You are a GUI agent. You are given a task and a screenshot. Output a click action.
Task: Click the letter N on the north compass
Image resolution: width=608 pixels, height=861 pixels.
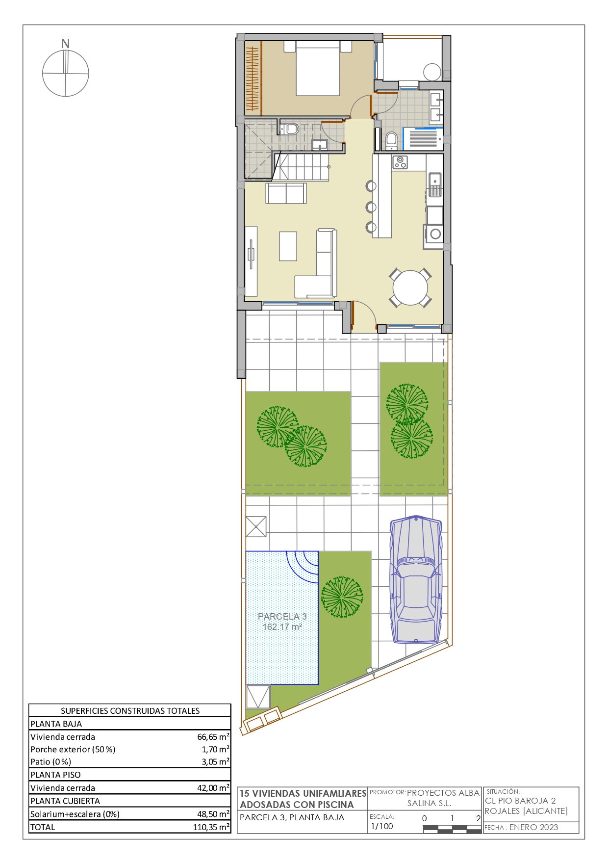coord(65,44)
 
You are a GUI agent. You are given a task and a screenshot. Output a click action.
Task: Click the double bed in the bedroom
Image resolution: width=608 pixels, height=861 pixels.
coord(318,68)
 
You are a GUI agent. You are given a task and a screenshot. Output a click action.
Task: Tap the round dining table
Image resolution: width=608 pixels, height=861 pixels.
coord(410,288)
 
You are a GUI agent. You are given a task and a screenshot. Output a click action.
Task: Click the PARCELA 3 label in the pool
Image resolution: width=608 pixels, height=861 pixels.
coord(282,617)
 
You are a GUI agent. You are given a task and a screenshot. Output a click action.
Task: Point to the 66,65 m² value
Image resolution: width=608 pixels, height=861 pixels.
coord(213,736)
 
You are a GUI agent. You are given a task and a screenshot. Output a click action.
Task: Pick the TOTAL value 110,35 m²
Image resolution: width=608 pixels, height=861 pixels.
coord(211,827)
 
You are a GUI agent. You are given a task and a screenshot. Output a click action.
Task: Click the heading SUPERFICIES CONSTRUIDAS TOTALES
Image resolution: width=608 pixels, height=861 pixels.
coord(130,711)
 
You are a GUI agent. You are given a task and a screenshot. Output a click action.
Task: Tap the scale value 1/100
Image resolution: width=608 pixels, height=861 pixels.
coord(382,826)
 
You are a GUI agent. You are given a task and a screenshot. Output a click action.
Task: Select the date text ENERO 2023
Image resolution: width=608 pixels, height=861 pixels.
coord(533,827)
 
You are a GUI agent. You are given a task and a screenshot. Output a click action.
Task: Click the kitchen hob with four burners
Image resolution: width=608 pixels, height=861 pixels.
coord(400,162)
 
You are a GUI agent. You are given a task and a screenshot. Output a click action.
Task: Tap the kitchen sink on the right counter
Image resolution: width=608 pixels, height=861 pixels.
coord(435,184)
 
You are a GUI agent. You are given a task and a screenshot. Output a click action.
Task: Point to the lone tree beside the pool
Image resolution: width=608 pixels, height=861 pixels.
coord(342,597)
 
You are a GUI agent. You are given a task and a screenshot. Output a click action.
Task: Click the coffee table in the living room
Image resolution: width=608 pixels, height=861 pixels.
coord(288,246)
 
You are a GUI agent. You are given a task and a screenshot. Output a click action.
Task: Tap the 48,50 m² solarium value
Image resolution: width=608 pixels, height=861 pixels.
coord(213,814)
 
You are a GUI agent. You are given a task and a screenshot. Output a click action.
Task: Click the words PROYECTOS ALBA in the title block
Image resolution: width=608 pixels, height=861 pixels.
coord(443,793)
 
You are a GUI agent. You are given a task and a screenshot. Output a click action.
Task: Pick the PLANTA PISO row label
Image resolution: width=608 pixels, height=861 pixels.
coord(55,775)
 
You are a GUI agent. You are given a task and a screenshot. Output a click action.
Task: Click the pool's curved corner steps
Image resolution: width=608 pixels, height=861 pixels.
coord(303,567)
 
